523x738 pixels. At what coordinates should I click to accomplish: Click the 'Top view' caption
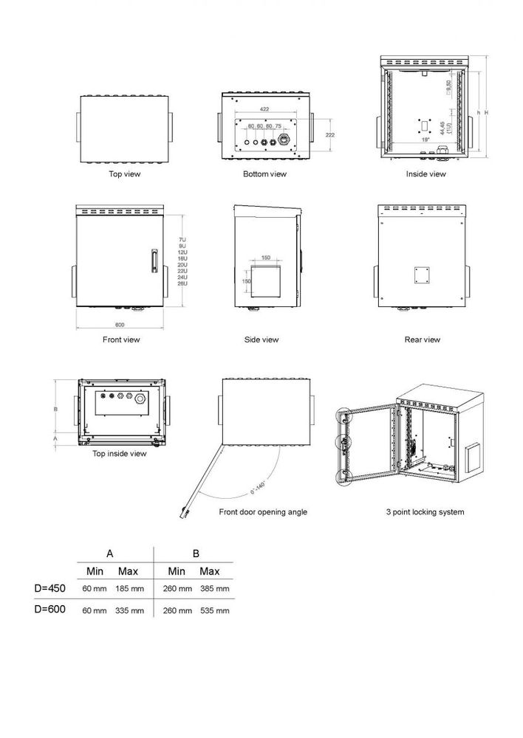pos(124,174)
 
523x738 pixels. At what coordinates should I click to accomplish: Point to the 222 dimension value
pos(329,135)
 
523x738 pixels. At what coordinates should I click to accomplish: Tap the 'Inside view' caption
pos(425,174)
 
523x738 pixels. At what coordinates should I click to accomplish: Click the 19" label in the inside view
pos(425,139)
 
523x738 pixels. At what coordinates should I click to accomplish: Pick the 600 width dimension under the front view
pos(120,325)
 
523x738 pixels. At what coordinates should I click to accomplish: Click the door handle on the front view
pos(154,263)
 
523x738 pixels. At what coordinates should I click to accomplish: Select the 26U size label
pos(182,284)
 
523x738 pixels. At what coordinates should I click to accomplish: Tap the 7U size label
pos(182,240)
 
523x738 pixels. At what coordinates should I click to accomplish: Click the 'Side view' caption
pos(261,339)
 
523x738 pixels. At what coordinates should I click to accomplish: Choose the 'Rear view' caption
pos(423,339)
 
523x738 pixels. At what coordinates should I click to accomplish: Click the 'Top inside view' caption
pos(120,454)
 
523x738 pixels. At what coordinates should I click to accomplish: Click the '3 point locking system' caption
pos(425,512)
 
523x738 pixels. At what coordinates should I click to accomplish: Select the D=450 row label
pos(50,589)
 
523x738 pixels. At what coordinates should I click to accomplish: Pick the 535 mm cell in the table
pos(214,611)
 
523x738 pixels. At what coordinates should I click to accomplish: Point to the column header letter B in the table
pos(196,553)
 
